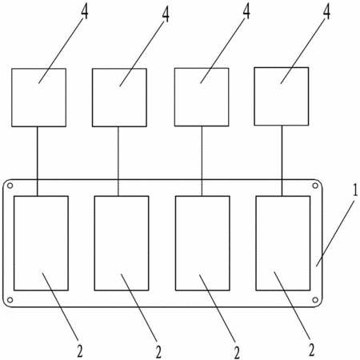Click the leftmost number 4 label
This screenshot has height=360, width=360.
pyautogui.click(x=85, y=11)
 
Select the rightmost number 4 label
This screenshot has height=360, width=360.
pyautogui.click(x=326, y=11)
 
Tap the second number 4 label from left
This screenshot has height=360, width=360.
pyautogui.click(x=166, y=14)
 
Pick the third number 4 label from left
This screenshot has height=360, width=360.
pyautogui.click(x=246, y=11)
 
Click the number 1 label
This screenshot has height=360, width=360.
pyautogui.click(x=355, y=190)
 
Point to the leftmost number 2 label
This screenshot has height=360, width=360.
pyautogui.click(x=80, y=350)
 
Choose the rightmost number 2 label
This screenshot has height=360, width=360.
pyautogui.click(x=312, y=349)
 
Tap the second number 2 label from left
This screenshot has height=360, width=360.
pyautogui.click(x=158, y=352)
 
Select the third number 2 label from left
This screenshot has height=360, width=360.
pyautogui.click(x=237, y=352)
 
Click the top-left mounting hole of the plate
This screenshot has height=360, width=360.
pyautogui.click(x=10, y=186)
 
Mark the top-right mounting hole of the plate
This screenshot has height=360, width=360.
pyautogui.click(x=315, y=186)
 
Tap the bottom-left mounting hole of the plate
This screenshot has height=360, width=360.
pyautogui.click(x=10, y=300)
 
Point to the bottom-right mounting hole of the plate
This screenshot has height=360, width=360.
pyautogui.click(x=315, y=300)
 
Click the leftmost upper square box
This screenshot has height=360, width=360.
pyautogui.click(x=38, y=98)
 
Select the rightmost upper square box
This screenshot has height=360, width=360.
pyautogui.click(x=282, y=96)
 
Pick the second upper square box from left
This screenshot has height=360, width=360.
pyautogui.click(x=119, y=98)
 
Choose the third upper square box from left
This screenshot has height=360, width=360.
pyautogui.click(x=202, y=97)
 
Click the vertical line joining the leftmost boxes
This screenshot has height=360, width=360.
pyautogui.click(x=37, y=162)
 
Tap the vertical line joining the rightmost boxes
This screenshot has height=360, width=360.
pyautogui.click(x=282, y=161)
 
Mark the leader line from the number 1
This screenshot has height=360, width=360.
pyautogui.click(x=335, y=233)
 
